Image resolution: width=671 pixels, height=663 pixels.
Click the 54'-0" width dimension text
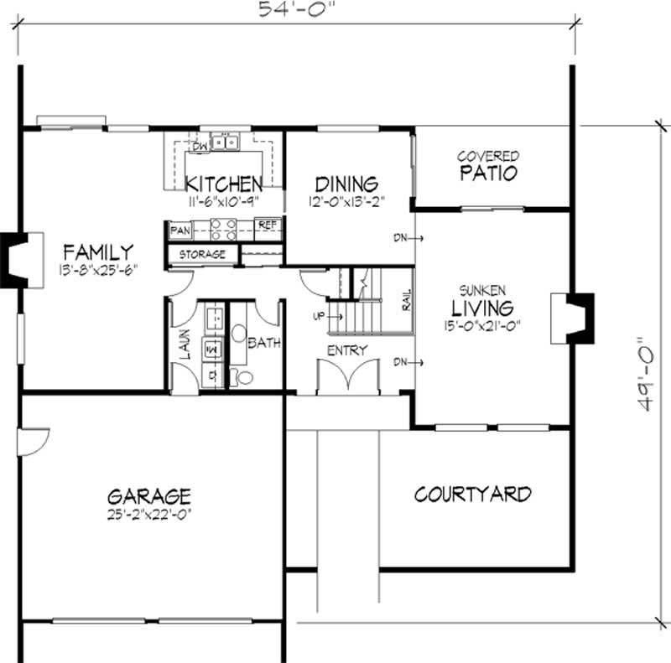[x=296, y=8]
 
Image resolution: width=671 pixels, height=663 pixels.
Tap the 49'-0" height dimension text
[x=644, y=375]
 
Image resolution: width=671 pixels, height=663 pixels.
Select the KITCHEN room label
[x=224, y=184]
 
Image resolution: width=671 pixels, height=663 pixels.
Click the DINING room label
[x=346, y=184]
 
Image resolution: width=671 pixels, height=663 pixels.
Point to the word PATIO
[x=489, y=173]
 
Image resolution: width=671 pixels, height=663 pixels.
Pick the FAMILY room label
[x=98, y=252]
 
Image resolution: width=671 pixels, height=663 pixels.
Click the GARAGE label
[x=149, y=496]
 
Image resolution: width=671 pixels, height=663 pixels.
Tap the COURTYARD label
[x=473, y=495]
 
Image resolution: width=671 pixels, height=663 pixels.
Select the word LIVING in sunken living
[x=483, y=308]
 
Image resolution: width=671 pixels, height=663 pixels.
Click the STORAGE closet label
[x=202, y=255]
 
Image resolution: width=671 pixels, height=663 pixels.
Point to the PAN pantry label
[x=180, y=230]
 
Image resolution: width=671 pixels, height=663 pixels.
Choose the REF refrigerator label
[x=268, y=225]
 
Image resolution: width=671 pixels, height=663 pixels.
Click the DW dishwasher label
[x=200, y=147]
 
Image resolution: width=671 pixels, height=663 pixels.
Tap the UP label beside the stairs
[x=319, y=316]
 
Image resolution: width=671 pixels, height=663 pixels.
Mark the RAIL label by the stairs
[x=407, y=300]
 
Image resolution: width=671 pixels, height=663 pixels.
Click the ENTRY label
[x=347, y=350]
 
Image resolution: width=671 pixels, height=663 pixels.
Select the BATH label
[x=264, y=343]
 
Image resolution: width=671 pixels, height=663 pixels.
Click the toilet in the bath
[x=242, y=377]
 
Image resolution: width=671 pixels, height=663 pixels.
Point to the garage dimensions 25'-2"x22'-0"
[x=149, y=514]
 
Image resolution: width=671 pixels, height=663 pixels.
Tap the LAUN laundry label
[x=185, y=344]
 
